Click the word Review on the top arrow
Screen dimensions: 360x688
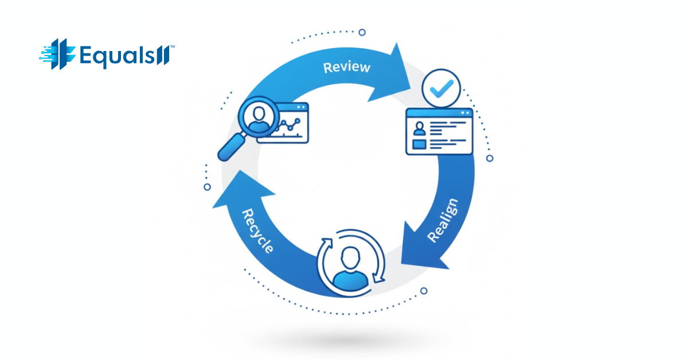point(347,67)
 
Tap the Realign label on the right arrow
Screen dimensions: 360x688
point(443,220)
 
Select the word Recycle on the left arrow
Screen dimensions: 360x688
point(257,231)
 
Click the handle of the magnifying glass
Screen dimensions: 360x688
point(229,148)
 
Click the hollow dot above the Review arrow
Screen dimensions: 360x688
point(362,32)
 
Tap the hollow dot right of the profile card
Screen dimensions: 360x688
point(489,158)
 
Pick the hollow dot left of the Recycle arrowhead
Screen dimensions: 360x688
point(207,187)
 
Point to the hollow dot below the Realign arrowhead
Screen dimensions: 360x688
point(424,291)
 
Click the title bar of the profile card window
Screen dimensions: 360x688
point(439,114)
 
